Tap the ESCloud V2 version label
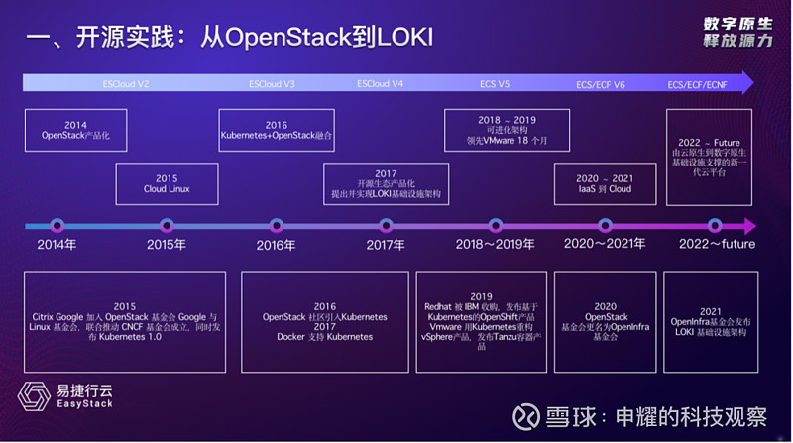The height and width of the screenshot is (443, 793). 126,84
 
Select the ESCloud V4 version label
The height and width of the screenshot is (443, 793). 380,84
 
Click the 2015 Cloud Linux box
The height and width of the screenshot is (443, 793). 167,183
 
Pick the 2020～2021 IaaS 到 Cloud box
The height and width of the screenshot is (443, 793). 605,183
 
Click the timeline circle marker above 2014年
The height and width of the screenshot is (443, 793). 57,225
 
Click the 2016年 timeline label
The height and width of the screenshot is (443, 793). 276,245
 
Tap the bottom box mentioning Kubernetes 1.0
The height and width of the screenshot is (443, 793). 125,321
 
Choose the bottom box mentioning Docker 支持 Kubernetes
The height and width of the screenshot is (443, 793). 325,321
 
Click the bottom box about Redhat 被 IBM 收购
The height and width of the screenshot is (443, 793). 481,321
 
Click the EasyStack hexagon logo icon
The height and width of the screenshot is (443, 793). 33,396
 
